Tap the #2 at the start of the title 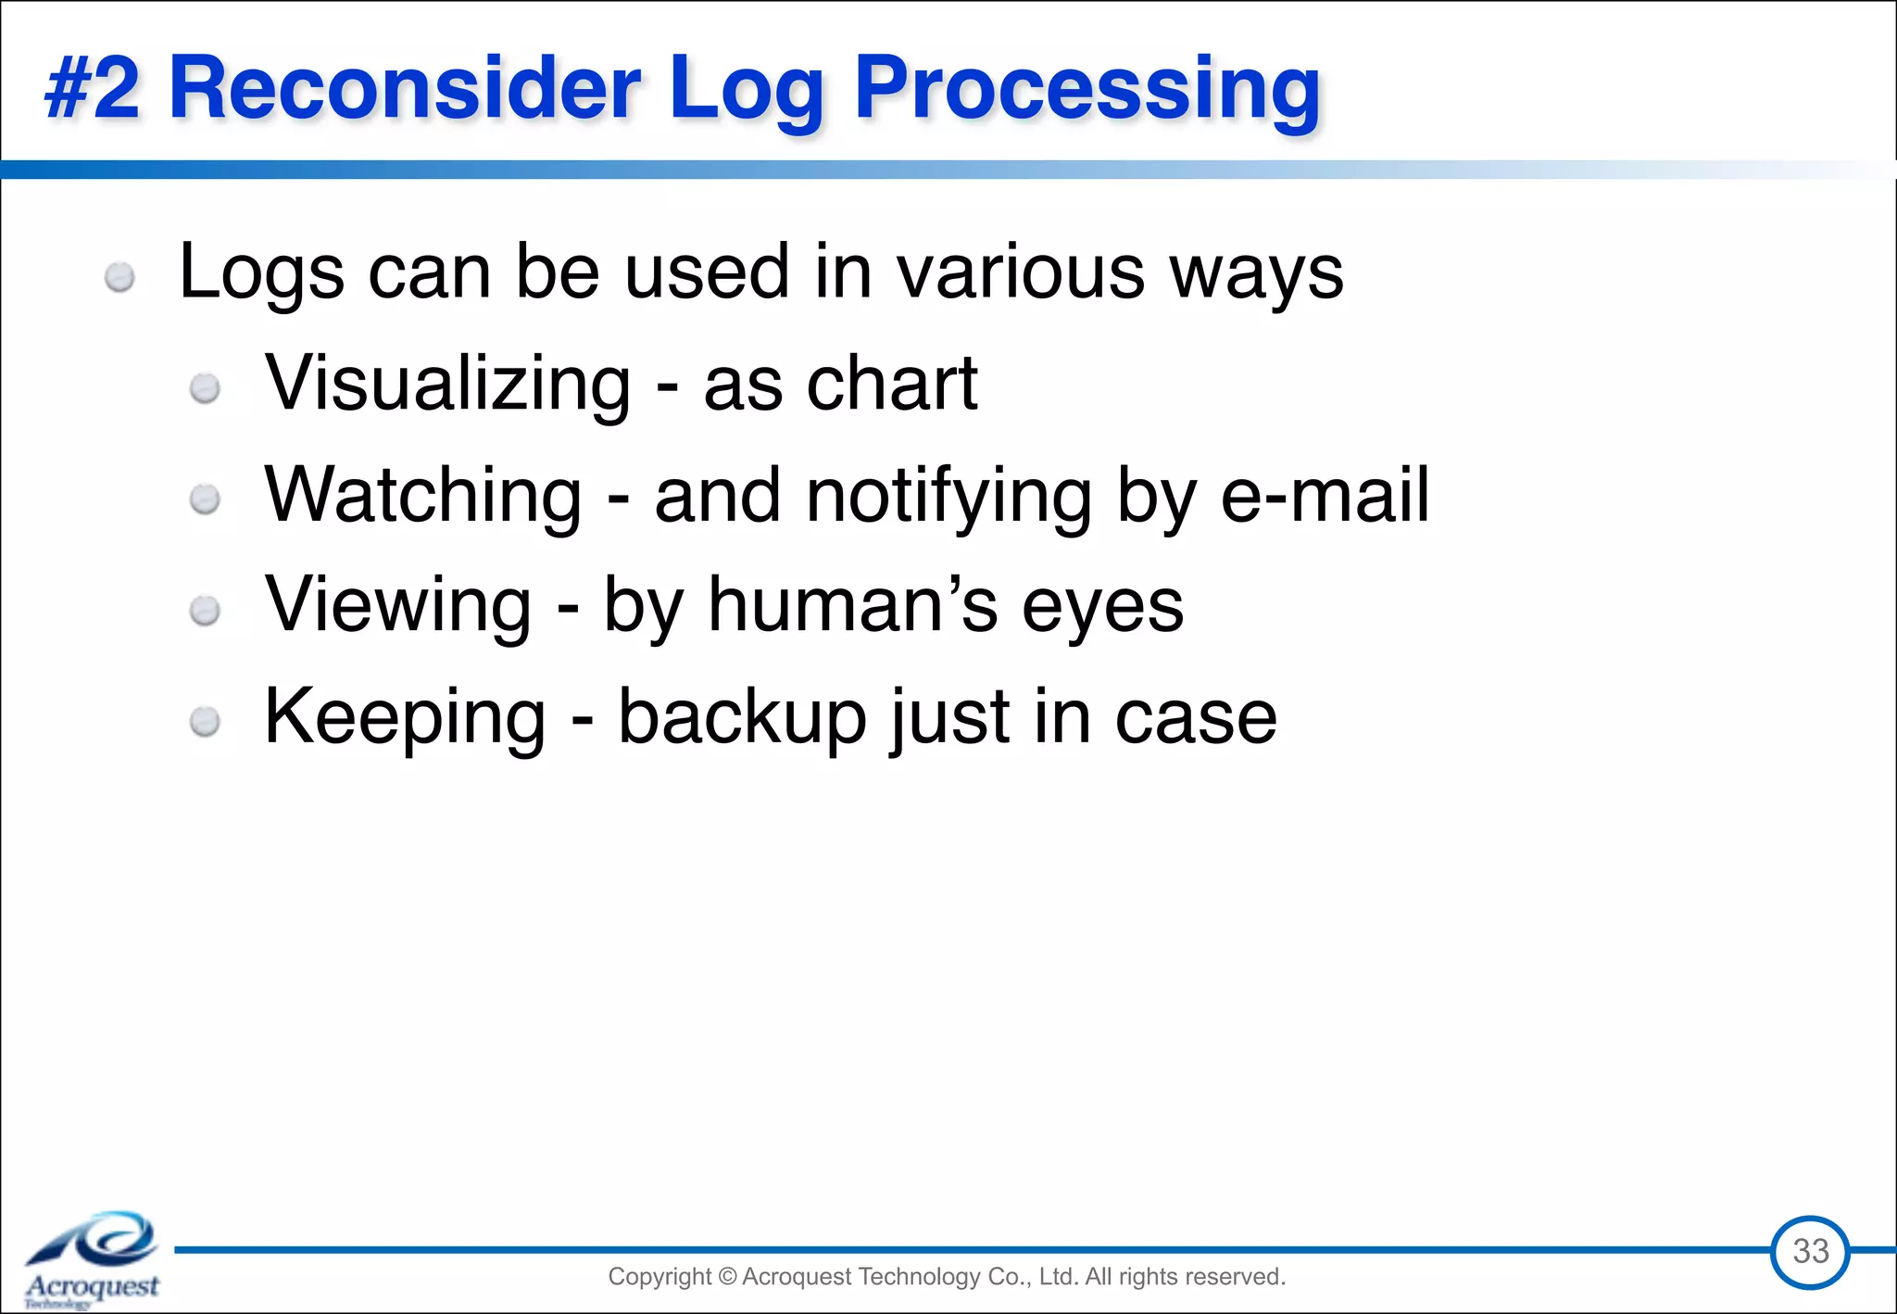(93, 88)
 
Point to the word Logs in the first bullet (261, 273)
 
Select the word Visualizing (447, 385)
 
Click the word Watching (423, 496)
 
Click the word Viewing (398, 605)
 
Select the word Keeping (405, 718)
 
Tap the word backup (741, 716)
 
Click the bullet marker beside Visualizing (205, 388)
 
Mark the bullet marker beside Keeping (205, 722)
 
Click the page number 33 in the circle (1810, 1251)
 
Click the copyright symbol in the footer (726, 1277)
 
